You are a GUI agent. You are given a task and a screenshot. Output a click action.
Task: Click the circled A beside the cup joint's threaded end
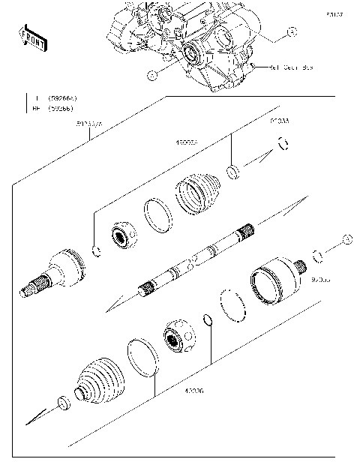pos(346,238)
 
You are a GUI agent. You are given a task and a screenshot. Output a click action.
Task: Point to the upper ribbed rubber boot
pos(199,197)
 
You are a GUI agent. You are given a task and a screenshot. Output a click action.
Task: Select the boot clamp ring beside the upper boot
pos(158,215)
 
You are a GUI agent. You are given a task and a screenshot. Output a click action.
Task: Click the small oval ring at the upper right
pos(283,145)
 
